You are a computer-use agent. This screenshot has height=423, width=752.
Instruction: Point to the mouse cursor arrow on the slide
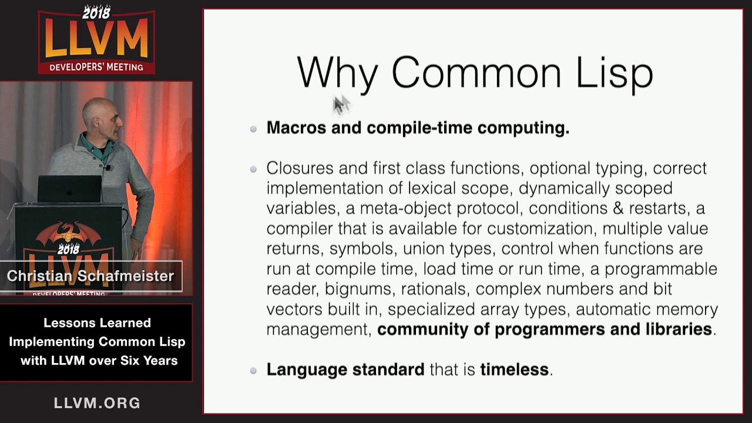[x=340, y=104]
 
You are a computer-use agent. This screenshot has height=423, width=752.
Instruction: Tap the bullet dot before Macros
[x=253, y=129]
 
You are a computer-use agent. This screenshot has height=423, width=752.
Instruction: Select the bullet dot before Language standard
[x=253, y=371]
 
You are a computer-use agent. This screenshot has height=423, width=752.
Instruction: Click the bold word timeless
[x=514, y=370]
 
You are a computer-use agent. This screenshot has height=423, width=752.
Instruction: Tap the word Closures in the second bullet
[x=300, y=168]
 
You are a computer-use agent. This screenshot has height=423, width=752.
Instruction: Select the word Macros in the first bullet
[x=296, y=127]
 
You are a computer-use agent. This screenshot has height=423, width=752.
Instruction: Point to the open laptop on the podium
[x=69, y=189]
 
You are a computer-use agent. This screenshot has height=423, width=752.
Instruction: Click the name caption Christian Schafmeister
[x=90, y=276]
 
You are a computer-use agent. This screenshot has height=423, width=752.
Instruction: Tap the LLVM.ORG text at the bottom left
[x=97, y=403]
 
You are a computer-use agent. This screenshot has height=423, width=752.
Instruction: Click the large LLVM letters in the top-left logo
[x=96, y=41]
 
